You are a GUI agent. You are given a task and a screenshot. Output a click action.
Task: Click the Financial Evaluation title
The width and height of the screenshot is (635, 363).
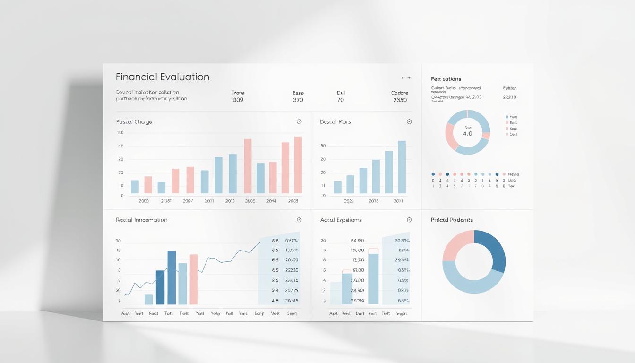[162, 77]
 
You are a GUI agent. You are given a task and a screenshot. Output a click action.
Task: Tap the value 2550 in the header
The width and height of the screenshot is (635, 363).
[399, 100]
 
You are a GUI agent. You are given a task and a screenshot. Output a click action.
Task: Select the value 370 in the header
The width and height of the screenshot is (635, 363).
[298, 100]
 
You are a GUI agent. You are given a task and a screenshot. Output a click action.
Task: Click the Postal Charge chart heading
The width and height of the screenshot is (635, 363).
[134, 122]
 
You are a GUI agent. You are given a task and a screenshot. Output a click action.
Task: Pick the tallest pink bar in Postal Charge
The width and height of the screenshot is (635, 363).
[298, 165]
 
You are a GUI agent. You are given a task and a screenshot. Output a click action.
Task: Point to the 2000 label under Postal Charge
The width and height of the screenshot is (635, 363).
[144, 201]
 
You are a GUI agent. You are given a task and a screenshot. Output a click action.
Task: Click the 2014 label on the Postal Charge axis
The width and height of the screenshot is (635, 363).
[271, 201]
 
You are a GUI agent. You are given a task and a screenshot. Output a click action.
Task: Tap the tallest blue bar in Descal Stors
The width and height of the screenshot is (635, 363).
[402, 167]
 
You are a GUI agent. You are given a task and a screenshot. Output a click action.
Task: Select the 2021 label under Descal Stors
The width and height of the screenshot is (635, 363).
[349, 201]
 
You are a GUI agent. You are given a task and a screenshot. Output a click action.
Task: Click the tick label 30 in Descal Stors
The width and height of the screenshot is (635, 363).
[323, 146]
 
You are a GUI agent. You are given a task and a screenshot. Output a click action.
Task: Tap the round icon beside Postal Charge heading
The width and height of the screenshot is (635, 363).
[299, 122]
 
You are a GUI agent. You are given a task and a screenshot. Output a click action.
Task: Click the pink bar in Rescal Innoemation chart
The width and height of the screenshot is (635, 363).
[194, 279]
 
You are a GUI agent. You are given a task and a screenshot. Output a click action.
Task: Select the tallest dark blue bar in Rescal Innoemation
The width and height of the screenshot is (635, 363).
[172, 277]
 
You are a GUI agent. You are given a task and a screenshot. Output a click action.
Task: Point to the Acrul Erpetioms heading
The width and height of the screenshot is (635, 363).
[341, 220]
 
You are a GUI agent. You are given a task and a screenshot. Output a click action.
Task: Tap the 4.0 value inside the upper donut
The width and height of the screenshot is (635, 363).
[467, 134]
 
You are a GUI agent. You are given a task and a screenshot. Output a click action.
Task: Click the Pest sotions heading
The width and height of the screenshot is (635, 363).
[446, 79]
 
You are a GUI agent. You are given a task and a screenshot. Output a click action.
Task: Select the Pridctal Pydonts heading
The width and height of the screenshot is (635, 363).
[452, 220]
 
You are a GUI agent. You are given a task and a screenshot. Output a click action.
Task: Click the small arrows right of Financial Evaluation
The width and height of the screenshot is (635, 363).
[405, 78]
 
